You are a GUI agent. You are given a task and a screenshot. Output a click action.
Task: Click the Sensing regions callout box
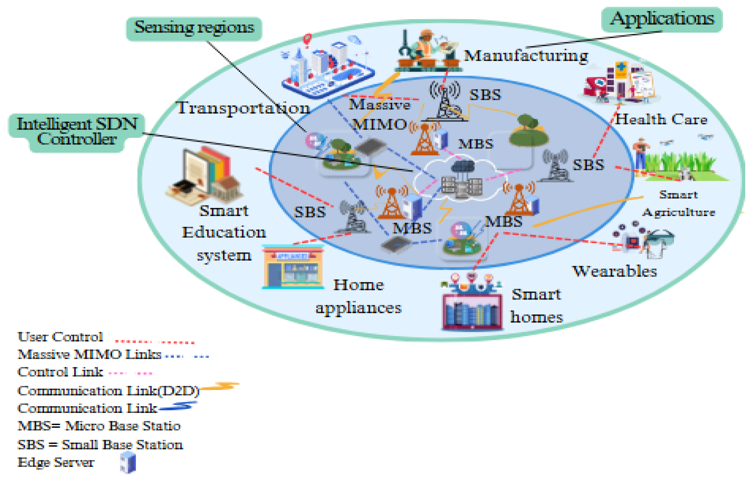pyautogui.click(x=194, y=28)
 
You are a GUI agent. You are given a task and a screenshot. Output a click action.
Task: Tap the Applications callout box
pyautogui.click(x=662, y=19)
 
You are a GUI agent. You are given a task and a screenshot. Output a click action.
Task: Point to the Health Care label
pyautogui.click(x=661, y=120)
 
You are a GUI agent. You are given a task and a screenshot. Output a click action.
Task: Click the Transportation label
pyautogui.click(x=243, y=108)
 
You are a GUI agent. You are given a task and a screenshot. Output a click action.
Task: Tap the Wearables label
pyautogui.click(x=614, y=271)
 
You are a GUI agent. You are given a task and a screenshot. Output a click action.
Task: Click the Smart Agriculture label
pyautogui.click(x=678, y=204)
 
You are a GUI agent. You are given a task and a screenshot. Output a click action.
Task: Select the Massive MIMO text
pyautogui.click(x=379, y=114)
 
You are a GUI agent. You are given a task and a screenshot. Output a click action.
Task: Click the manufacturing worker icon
pyautogui.click(x=426, y=50)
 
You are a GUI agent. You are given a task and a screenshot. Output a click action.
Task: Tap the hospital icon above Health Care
pyautogui.click(x=620, y=83)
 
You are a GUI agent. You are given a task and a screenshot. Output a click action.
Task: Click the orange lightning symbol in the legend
pyautogui.click(x=220, y=386)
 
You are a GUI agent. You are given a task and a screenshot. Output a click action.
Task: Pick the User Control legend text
pyautogui.click(x=60, y=337)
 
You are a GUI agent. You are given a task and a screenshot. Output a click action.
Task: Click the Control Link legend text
pyautogui.click(x=60, y=372)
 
